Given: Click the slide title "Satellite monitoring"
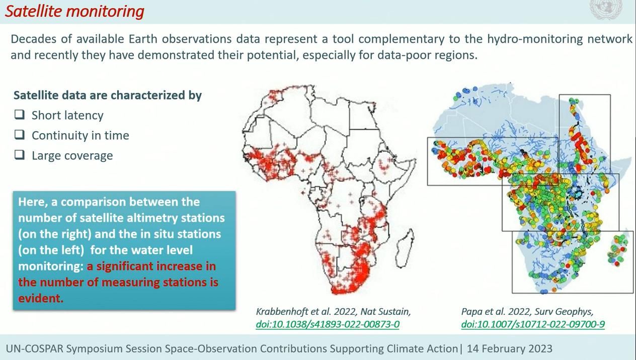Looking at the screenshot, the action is tap(74, 12).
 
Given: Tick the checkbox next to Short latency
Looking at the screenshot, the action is tap(20, 115).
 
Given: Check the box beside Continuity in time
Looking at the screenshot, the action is tap(20, 135).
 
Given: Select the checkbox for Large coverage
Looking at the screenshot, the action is tap(20, 155).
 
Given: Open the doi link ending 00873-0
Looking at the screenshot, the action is tap(328, 324).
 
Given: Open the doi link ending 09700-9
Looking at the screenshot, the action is tap(533, 324).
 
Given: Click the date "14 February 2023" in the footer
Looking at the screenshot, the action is tap(510, 348).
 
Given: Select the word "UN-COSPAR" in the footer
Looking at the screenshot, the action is tap(34, 348).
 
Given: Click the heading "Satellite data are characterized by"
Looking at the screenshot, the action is tap(108, 96).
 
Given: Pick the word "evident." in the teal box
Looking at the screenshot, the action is tap(41, 299).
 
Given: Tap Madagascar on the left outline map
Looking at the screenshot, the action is tap(405, 249).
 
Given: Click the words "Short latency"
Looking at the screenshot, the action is tap(67, 116).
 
